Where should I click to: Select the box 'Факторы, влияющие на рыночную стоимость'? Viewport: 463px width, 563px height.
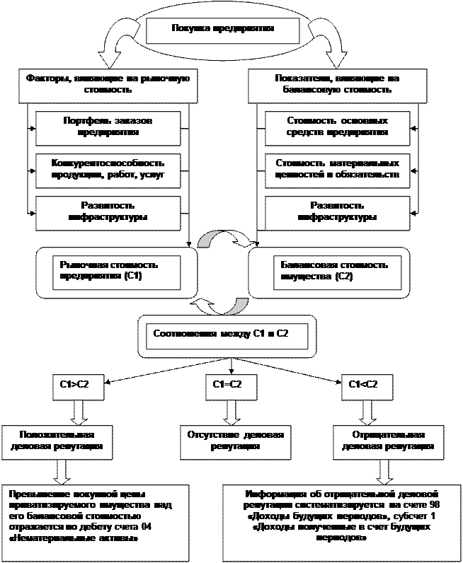pos(103,85)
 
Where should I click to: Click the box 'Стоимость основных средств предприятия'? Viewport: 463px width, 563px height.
pos(338,126)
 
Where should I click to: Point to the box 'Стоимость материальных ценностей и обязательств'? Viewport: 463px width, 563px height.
pos(338,168)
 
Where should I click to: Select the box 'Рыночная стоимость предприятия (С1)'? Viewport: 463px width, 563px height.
pos(115,271)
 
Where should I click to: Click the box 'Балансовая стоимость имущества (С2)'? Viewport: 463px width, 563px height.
pos(331,271)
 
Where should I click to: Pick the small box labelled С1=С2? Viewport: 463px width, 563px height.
pos(228,385)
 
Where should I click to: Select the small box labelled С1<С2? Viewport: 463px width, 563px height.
pos(364,385)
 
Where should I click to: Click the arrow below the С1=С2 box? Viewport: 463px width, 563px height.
pos(228,411)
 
